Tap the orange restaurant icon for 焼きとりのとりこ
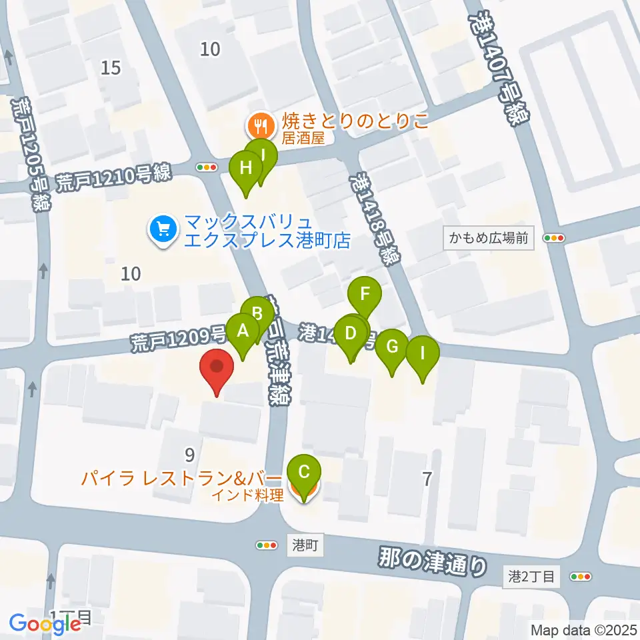pyautogui.click(x=257, y=123)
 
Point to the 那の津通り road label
pyautogui.click(x=432, y=560)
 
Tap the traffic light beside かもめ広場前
pyautogui.click(x=554, y=238)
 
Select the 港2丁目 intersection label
pyautogui.click(x=531, y=577)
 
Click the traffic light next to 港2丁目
pyautogui.click(x=581, y=577)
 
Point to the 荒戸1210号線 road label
pyautogui.click(x=113, y=177)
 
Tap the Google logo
pyautogui.click(x=45, y=623)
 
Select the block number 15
pyautogui.click(x=111, y=67)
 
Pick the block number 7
pyautogui.click(x=427, y=478)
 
